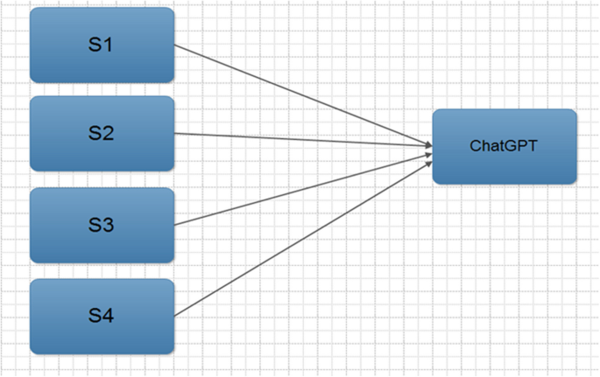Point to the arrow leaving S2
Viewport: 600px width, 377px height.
click(302, 138)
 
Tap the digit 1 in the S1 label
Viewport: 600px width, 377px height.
click(108, 45)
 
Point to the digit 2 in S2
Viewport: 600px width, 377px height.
click(109, 133)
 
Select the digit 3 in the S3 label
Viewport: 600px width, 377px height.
click(109, 225)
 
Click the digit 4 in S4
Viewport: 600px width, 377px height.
click(109, 316)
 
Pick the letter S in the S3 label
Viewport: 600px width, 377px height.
click(95, 225)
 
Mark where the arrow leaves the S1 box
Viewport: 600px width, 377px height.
click(175, 45)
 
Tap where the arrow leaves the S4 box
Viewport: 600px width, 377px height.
click(175, 316)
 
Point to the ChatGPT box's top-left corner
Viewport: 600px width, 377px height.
click(434, 111)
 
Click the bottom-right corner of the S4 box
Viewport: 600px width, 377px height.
click(173, 353)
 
